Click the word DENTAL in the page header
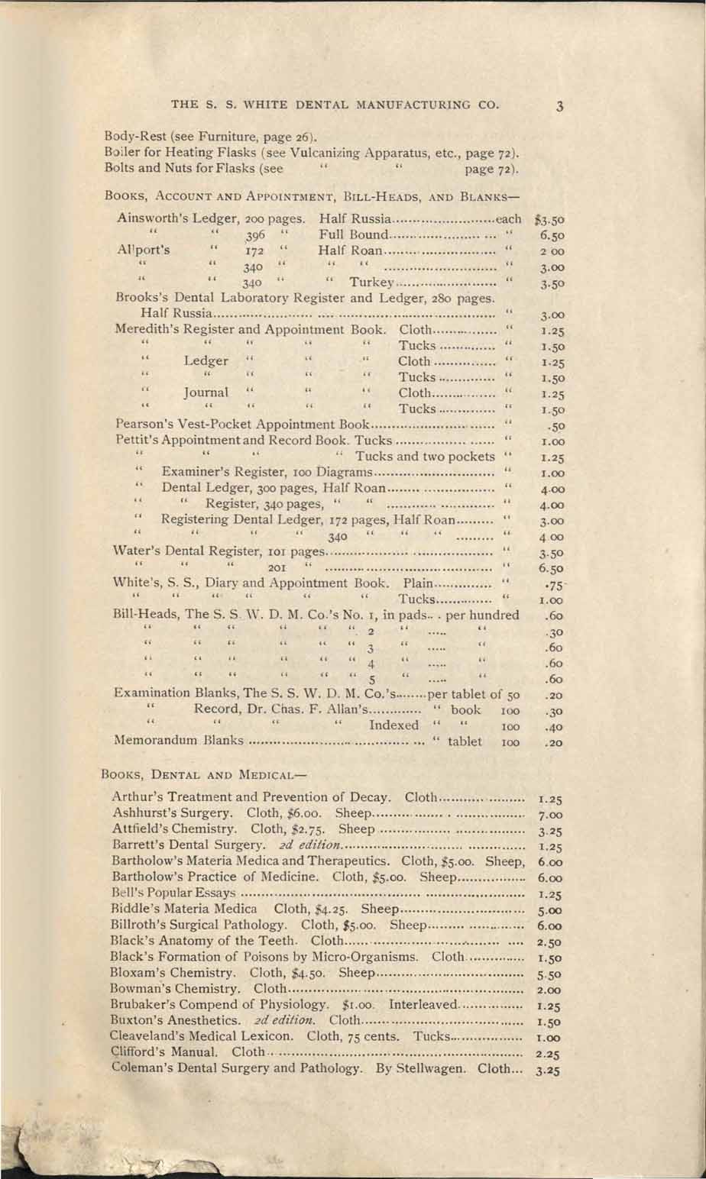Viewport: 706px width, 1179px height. click(x=303, y=105)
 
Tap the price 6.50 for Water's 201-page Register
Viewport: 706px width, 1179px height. click(x=551, y=569)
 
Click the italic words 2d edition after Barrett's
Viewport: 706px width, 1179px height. click(x=305, y=845)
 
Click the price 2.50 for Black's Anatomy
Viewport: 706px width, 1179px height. click(x=550, y=942)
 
